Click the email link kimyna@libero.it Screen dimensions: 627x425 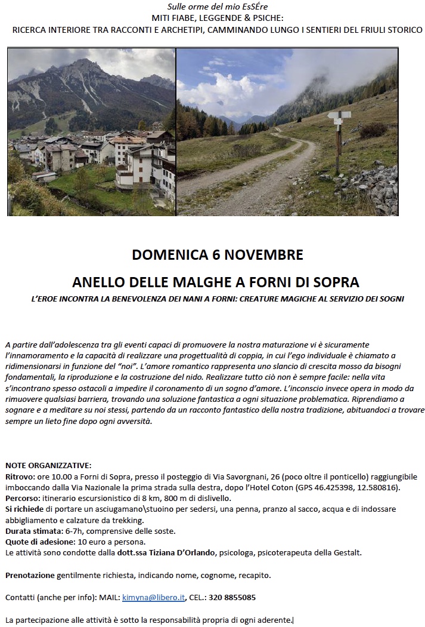[154, 597]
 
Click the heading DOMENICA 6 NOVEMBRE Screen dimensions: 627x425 [218, 255]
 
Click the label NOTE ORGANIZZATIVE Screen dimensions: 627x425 [48, 465]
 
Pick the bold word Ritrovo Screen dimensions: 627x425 [18, 477]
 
